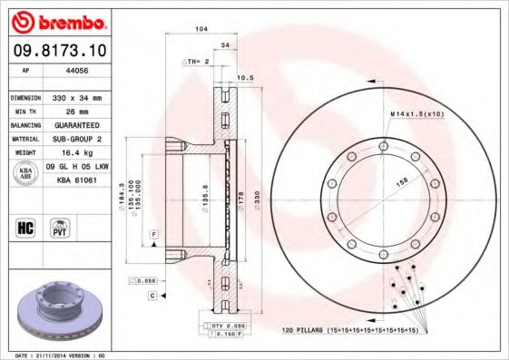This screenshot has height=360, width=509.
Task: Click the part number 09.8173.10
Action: (57, 51)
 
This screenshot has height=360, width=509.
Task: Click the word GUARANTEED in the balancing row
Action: (74, 124)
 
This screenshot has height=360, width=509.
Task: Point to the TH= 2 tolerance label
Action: (198, 61)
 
